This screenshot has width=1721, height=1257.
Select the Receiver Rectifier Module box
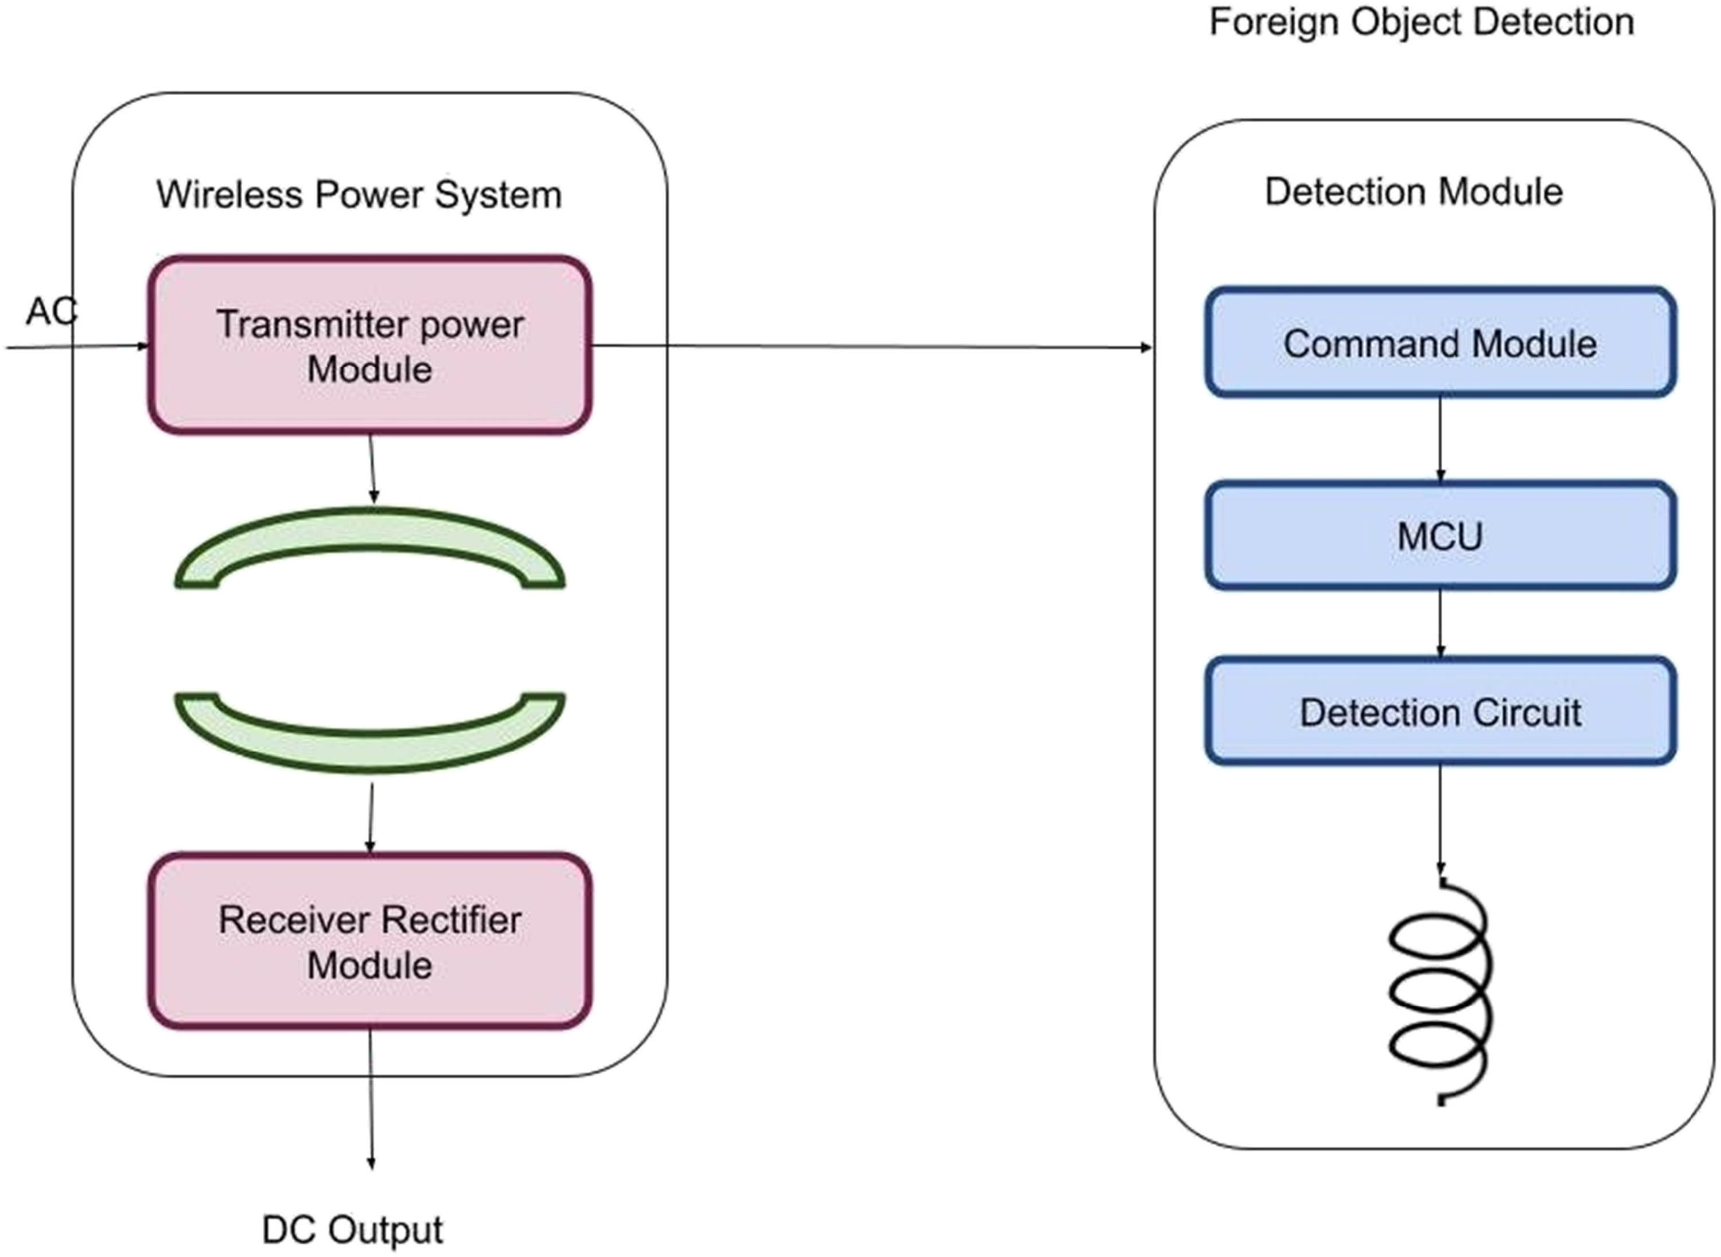point(369,942)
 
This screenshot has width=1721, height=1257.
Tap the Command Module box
point(1439,342)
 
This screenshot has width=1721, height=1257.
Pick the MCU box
point(1439,536)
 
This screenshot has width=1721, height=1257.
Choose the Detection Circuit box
point(1439,712)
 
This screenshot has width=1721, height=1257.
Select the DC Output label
point(352,1229)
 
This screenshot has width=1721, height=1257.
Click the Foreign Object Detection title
point(1421,21)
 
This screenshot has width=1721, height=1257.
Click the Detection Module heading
point(1414,192)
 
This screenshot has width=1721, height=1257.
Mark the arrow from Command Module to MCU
point(1439,439)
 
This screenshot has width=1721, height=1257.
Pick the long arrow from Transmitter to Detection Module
point(871,347)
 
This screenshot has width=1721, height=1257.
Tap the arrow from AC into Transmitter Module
point(76,347)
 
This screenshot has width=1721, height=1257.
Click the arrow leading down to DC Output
point(371,1099)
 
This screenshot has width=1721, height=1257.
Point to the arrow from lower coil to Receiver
point(371,818)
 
